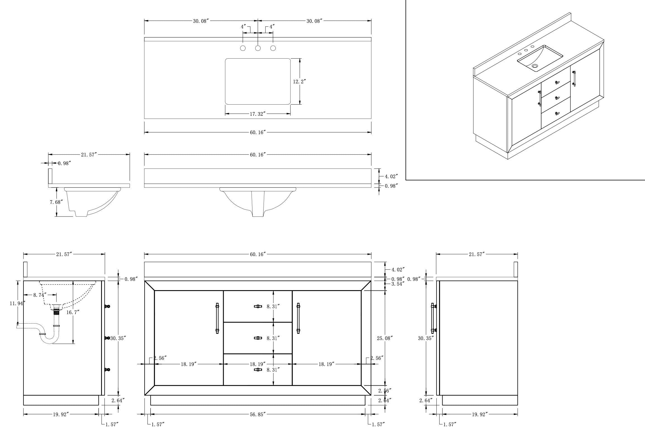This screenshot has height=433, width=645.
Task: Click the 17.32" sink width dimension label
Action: [257, 114]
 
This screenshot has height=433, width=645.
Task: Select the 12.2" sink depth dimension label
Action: [299, 81]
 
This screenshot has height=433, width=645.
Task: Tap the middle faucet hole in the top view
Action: [258, 48]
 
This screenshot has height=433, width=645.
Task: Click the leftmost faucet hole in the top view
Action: [243, 48]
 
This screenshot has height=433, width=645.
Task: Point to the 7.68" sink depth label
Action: [56, 202]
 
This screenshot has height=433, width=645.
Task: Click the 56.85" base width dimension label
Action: [257, 415]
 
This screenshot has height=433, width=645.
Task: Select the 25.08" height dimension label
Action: [385, 338]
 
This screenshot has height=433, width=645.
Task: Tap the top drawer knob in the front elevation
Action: [258, 306]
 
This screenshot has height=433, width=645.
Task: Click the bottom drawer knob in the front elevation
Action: [258, 370]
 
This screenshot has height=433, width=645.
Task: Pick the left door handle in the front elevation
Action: [217, 318]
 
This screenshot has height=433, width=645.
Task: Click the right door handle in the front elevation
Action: [298, 318]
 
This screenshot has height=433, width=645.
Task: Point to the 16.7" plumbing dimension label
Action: [73, 312]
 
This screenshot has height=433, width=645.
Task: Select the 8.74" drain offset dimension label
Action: [39, 295]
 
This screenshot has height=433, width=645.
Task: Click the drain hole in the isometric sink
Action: [535, 66]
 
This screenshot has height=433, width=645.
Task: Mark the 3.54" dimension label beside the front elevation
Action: [398, 284]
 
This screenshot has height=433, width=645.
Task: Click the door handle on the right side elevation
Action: [433, 318]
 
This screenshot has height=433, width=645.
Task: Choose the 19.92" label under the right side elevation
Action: [480, 415]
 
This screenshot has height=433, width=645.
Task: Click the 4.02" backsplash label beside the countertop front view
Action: [391, 176]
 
